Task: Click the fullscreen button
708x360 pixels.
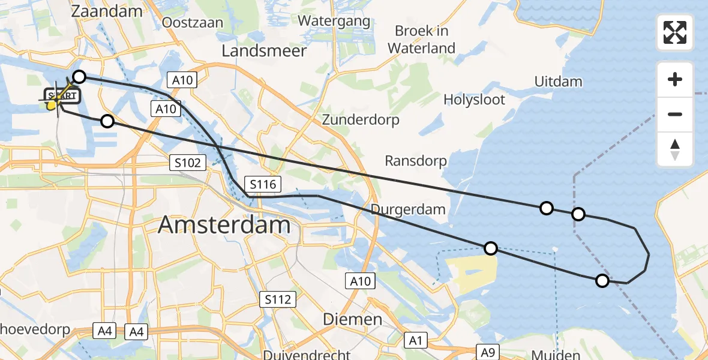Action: click(x=675, y=32)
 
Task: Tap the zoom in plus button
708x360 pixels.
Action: click(x=675, y=79)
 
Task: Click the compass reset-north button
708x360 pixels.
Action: click(x=675, y=149)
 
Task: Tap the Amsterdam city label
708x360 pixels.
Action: click(x=224, y=226)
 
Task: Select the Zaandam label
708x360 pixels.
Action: click(x=107, y=11)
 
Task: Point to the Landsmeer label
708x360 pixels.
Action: click(x=264, y=51)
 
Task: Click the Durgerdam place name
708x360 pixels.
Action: click(x=408, y=209)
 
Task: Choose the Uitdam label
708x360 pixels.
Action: click(x=557, y=81)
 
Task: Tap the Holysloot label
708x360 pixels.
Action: click(x=475, y=99)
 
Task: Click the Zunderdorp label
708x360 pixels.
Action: click(x=361, y=119)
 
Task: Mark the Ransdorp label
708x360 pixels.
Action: click(x=416, y=161)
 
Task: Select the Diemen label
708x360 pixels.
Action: click(x=353, y=319)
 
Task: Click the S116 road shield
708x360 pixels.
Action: click(x=262, y=184)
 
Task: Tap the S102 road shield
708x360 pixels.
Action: click(x=187, y=162)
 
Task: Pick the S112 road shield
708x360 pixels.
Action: click(x=278, y=299)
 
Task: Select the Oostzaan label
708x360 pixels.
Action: click(x=193, y=22)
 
